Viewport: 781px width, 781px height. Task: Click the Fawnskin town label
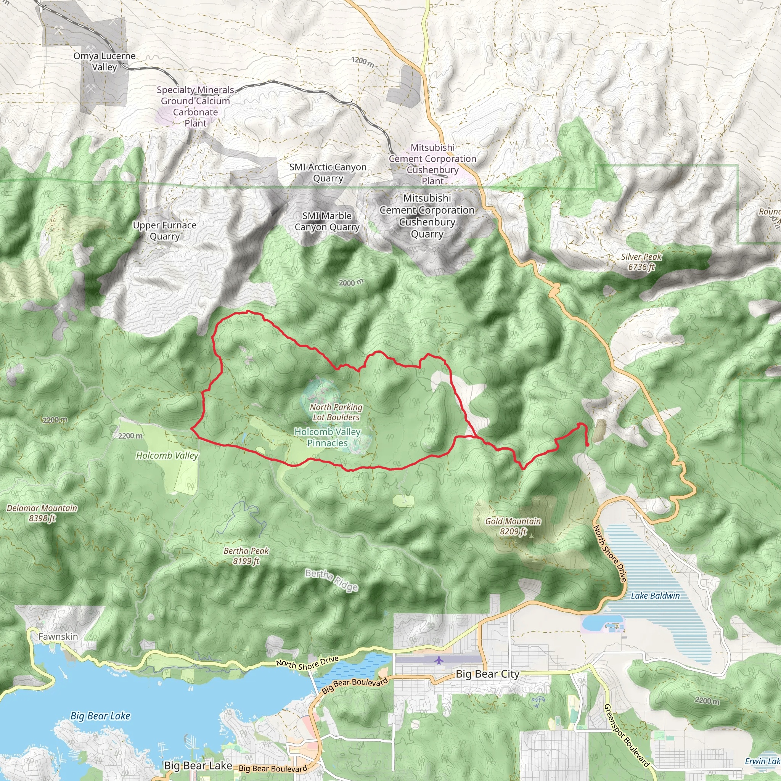58,637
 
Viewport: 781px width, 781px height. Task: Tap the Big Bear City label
487,674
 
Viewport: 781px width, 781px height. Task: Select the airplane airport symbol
439,660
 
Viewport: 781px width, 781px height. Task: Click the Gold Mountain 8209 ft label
513,526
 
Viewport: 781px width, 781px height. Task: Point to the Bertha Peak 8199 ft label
246,556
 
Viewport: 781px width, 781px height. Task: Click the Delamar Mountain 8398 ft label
42,513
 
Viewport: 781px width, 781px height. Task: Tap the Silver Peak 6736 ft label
641,262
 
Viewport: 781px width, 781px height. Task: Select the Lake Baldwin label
655,595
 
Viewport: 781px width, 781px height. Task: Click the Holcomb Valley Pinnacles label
327,437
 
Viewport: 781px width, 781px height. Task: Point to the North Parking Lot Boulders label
336,412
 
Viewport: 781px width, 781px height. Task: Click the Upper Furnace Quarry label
164,230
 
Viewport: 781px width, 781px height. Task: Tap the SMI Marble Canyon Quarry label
327,221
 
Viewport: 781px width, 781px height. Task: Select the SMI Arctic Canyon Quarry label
328,172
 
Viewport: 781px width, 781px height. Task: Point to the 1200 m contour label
363,61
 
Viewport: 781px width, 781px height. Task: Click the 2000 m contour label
351,283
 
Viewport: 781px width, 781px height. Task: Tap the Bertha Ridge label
331,580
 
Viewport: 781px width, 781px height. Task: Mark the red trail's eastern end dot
587,444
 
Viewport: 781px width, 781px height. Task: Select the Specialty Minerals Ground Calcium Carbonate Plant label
195,106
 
